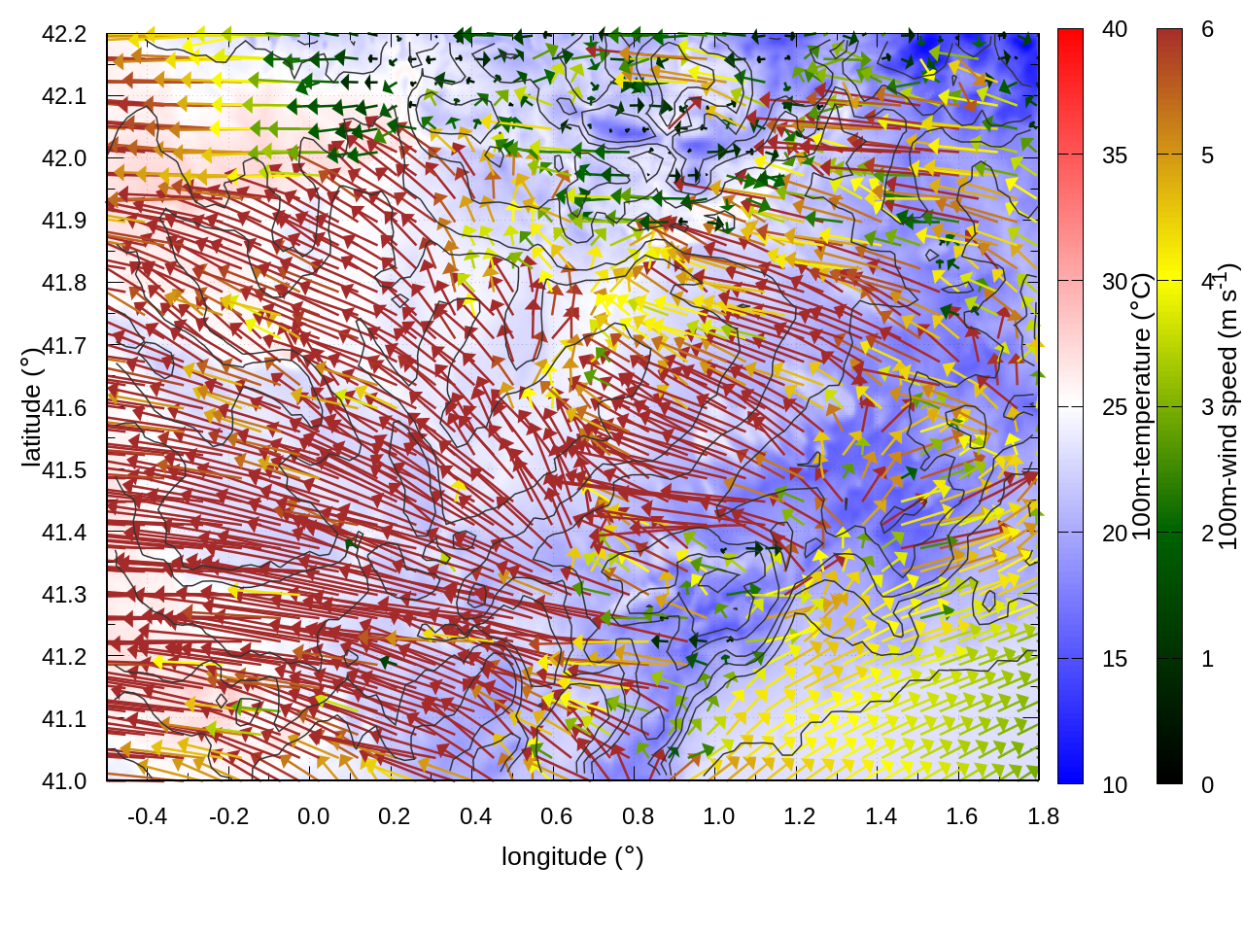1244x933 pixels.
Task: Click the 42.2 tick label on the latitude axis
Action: click(x=64, y=34)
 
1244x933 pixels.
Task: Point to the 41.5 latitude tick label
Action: click(x=64, y=470)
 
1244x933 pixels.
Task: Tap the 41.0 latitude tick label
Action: click(x=64, y=781)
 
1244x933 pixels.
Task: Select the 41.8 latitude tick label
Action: click(x=64, y=283)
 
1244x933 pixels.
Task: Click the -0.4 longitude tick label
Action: click(x=147, y=816)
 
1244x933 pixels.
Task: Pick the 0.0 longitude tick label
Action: click(x=313, y=816)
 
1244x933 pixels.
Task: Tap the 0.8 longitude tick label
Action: click(x=638, y=816)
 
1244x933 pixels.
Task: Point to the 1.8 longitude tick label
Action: click(x=1043, y=816)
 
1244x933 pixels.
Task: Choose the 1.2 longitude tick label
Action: click(x=800, y=816)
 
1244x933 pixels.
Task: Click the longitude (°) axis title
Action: click(x=572, y=856)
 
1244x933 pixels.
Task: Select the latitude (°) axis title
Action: click(x=31, y=407)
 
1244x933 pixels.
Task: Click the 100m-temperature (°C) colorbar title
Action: click(x=1142, y=407)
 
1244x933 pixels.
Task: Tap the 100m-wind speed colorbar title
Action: click(x=1227, y=407)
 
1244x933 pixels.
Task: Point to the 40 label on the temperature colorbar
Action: click(x=1115, y=30)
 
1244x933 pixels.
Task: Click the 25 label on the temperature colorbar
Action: click(x=1115, y=407)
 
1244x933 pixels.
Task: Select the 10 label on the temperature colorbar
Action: click(x=1115, y=785)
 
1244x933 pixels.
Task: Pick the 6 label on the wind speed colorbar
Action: click(x=1207, y=30)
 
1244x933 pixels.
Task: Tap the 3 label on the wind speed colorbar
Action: click(x=1207, y=407)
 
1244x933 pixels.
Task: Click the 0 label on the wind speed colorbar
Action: click(x=1207, y=785)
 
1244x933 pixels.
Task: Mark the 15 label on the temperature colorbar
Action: click(x=1115, y=659)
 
